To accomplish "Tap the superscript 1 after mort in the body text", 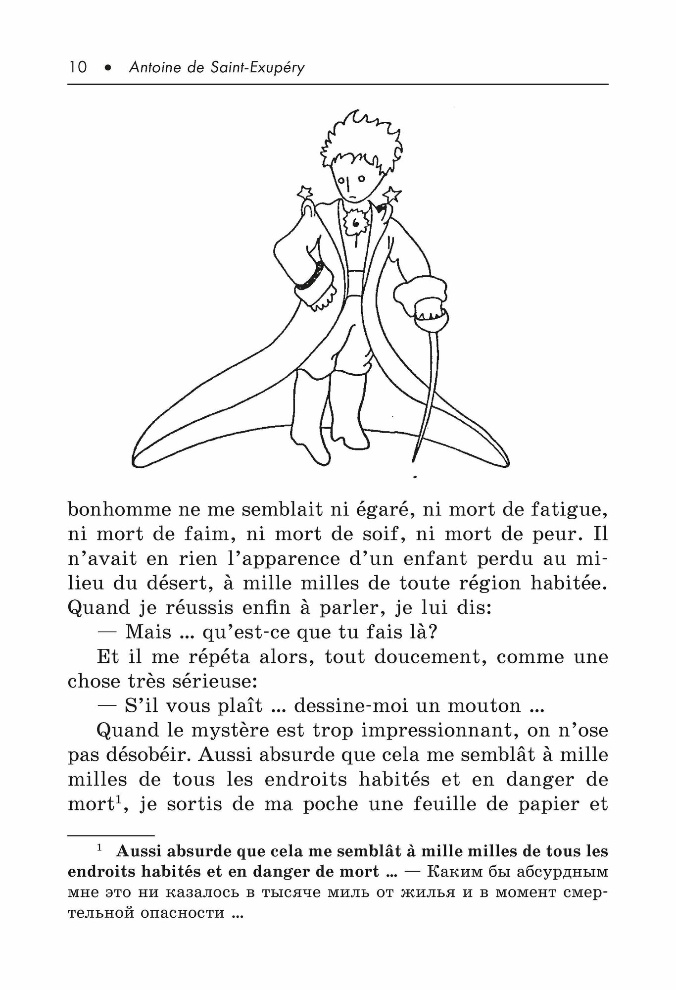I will pos(119,799).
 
